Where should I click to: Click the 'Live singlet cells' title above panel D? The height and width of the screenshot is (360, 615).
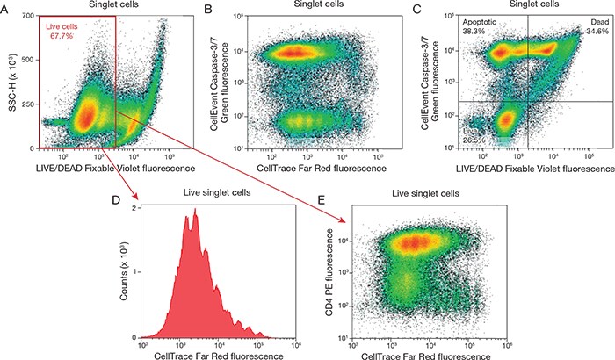(x=208, y=195)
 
